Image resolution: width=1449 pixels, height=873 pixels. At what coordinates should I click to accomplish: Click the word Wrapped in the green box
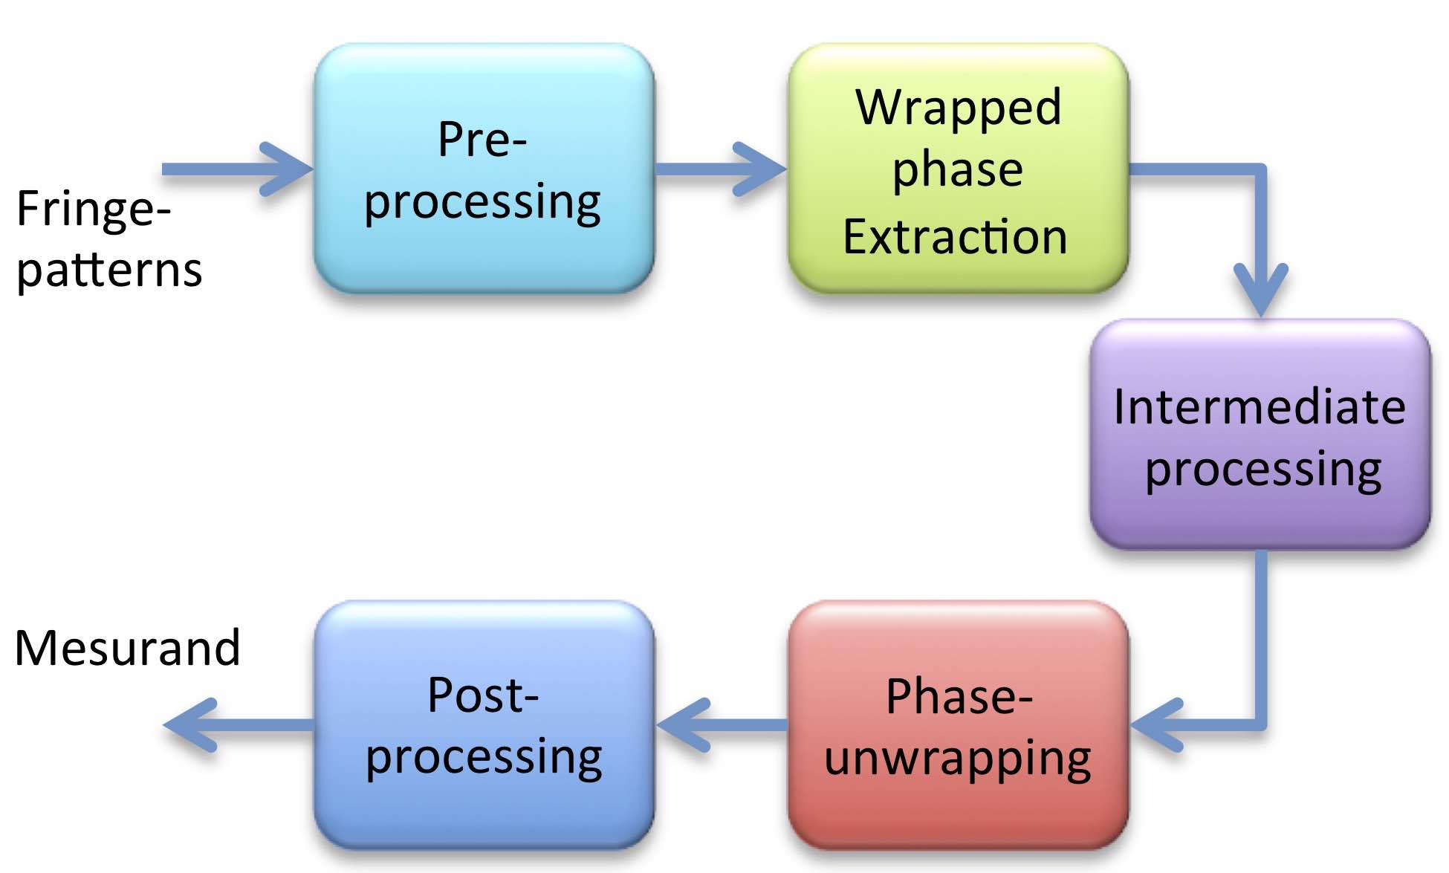(x=958, y=108)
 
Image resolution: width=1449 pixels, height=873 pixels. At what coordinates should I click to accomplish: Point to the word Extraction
(x=955, y=238)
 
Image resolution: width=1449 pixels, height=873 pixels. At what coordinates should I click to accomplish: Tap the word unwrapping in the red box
(x=958, y=759)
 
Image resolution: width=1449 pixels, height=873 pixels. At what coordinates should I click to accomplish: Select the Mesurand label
(x=128, y=648)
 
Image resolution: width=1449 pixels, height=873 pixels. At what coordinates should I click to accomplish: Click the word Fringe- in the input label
(x=94, y=210)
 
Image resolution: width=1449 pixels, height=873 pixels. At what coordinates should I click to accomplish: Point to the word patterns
(x=109, y=270)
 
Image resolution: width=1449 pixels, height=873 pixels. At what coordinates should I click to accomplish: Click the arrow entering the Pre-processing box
(x=238, y=169)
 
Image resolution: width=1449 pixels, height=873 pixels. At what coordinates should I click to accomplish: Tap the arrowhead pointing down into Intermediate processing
(x=1261, y=290)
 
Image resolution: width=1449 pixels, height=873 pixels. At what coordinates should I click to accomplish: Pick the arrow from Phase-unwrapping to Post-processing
(x=721, y=724)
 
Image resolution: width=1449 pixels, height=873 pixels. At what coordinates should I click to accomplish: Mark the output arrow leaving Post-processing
(x=238, y=724)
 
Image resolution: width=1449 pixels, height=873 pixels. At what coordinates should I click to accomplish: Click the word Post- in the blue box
(x=483, y=695)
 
